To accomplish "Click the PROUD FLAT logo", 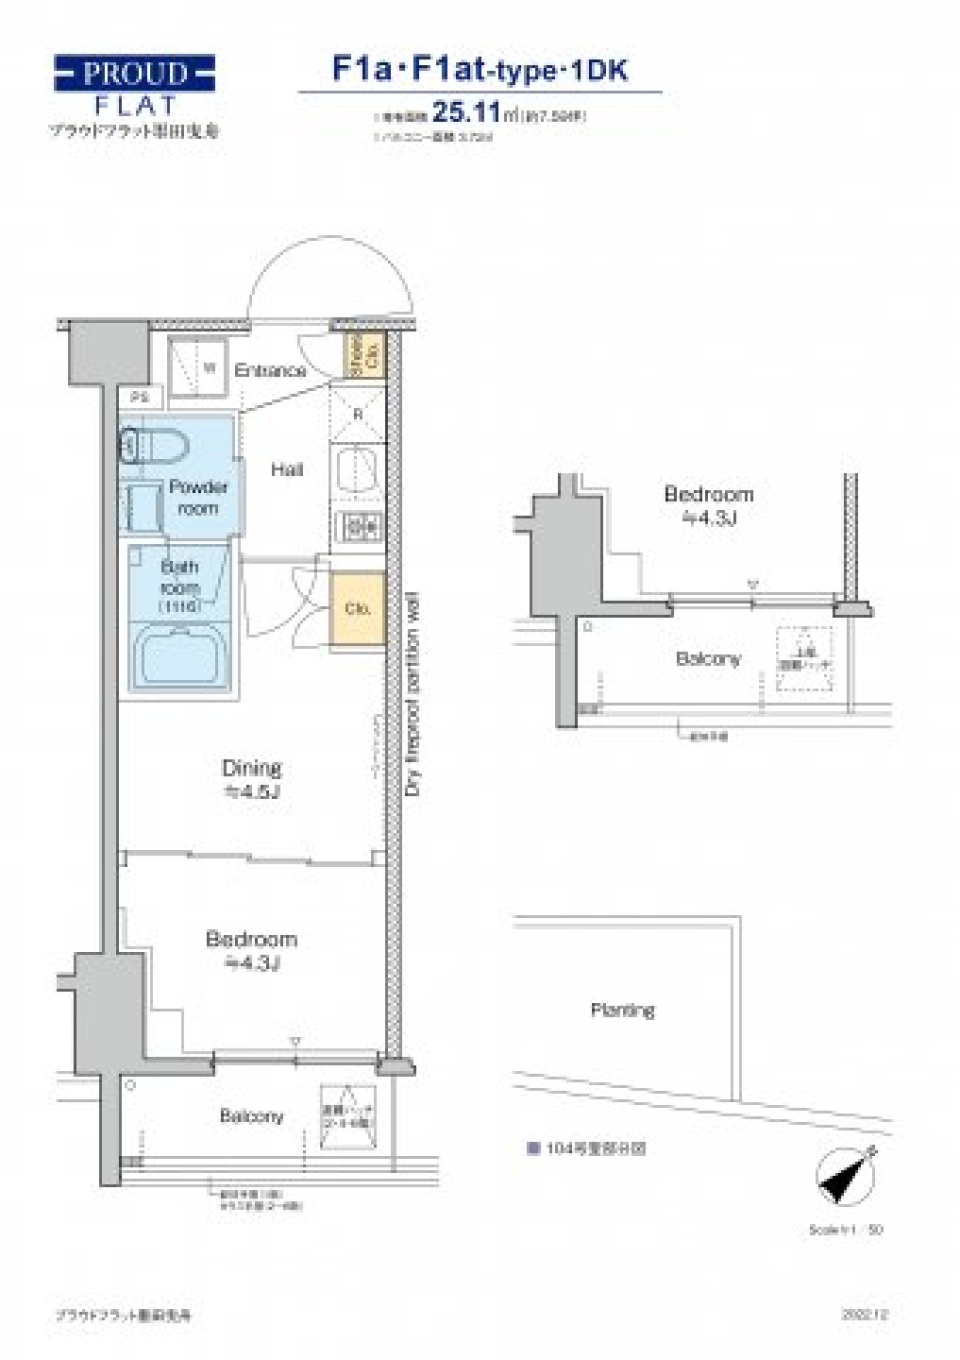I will point(134,87).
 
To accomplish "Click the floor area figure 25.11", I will point(465,113).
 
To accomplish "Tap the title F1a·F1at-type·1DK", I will point(480,69).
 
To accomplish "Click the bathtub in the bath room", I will point(180,656).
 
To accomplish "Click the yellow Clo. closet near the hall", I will point(357,608).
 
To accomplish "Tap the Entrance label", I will point(270,370).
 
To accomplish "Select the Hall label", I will point(287,469).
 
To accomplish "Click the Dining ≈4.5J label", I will point(251,779).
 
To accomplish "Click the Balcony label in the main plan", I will point(251,1116).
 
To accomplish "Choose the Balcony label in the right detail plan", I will point(707,659).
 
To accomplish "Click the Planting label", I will point(622,1010).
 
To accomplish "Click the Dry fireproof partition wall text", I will point(413,695).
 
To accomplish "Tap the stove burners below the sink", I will point(358,525).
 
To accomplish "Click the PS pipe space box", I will point(140,397).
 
